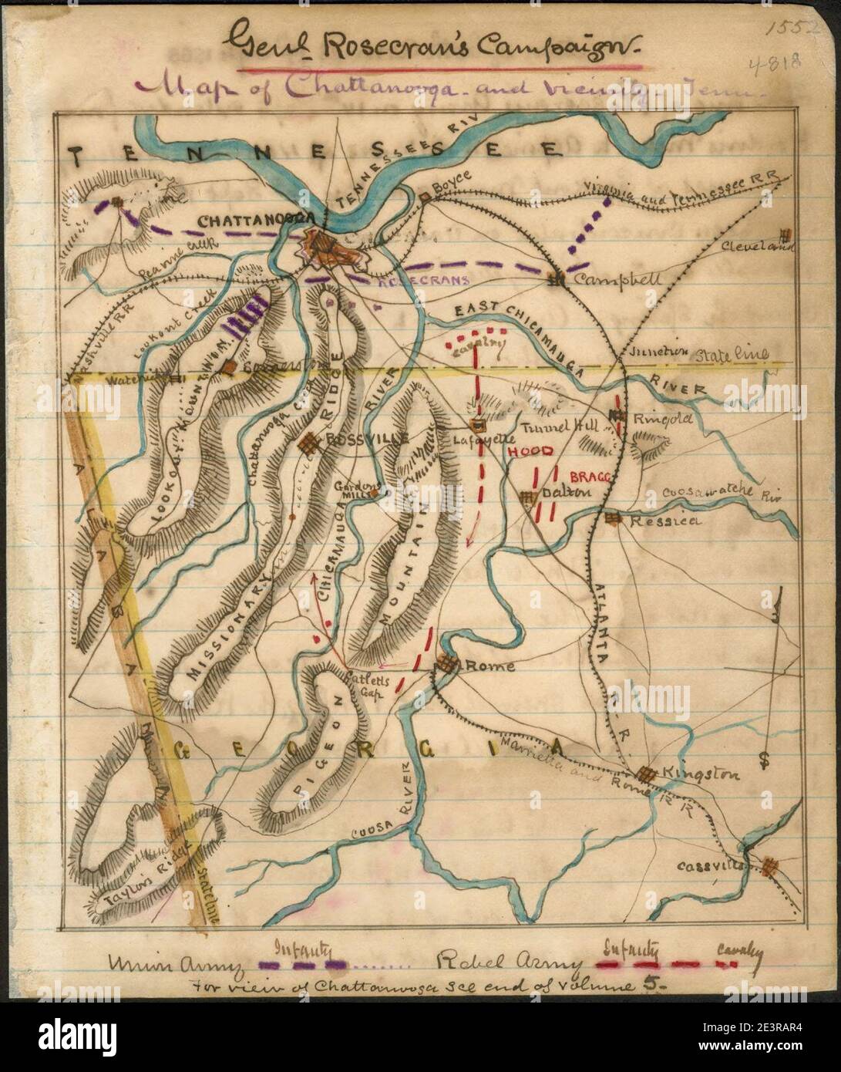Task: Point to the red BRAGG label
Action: [x=590, y=478]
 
